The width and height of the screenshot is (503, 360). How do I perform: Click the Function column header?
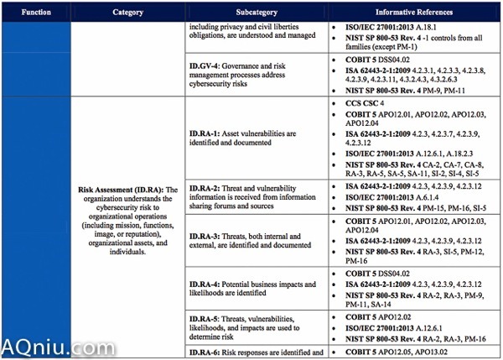click(36, 13)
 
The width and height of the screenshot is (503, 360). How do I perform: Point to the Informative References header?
click(414, 13)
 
